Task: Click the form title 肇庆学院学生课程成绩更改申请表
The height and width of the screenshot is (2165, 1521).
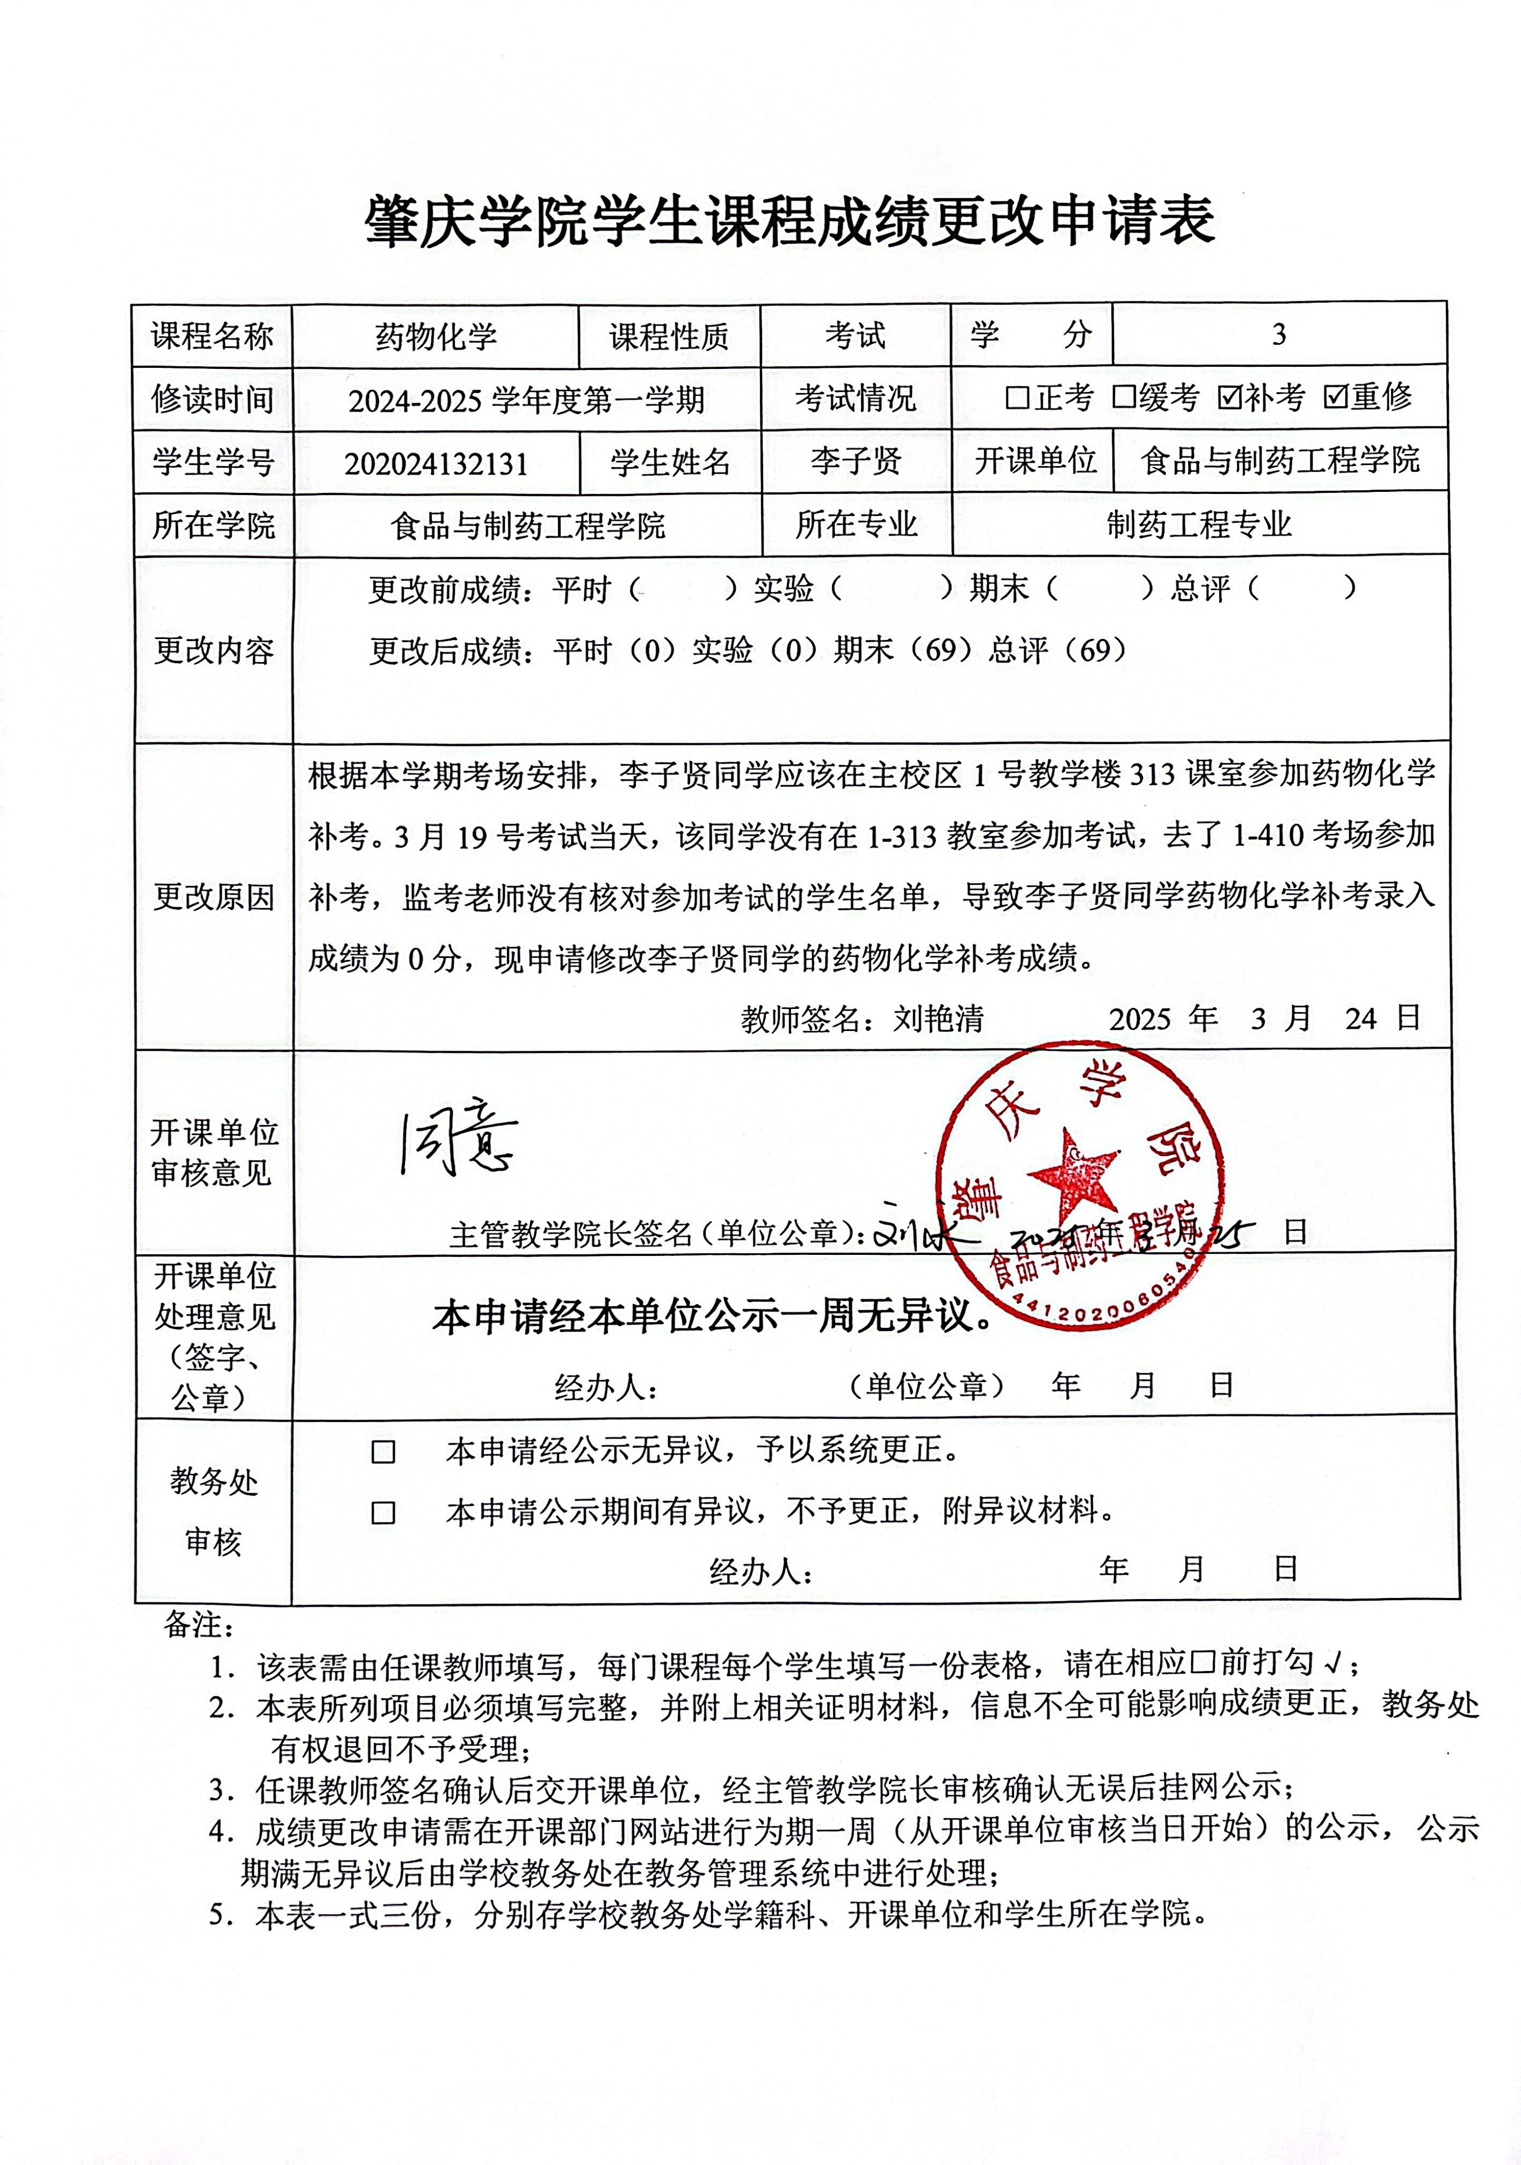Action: point(790,222)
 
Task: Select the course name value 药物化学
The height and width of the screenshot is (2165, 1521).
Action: point(436,337)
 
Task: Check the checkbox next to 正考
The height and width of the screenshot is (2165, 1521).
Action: point(1017,398)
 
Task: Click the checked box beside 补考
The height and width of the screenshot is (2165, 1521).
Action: point(1229,398)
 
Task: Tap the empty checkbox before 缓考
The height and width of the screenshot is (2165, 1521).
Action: point(1122,398)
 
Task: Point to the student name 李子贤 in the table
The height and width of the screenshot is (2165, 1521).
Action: point(855,461)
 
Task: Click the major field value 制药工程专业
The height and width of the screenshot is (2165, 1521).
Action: point(1199,524)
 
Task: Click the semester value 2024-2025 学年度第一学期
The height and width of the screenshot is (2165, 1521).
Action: point(526,401)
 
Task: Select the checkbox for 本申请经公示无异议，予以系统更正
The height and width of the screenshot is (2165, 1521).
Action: point(383,1452)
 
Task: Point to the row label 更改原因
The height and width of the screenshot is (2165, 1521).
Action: point(213,897)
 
